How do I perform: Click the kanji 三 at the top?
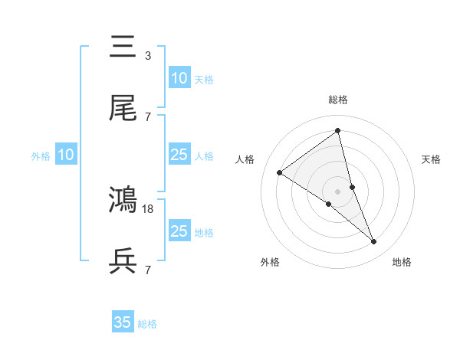[123, 47]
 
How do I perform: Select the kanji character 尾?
[123, 109]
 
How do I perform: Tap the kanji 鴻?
[123, 200]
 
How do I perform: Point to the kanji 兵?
[123, 262]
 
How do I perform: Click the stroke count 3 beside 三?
[147, 55]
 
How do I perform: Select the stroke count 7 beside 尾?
[147, 116]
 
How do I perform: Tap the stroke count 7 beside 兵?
[147, 270]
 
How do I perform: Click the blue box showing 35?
[123, 322]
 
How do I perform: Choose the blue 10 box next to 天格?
[179, 78]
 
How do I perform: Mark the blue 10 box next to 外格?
[66, 155]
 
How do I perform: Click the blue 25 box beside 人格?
[179, 155]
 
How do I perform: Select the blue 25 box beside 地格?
[179, 231]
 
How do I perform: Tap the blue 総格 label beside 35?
[147, 324]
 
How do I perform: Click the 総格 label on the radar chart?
[337, 100]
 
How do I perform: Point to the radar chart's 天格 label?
[432, 159]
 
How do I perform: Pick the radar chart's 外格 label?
[270, 262]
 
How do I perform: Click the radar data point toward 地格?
[374, 242]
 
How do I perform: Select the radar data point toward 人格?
[279, 172]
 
